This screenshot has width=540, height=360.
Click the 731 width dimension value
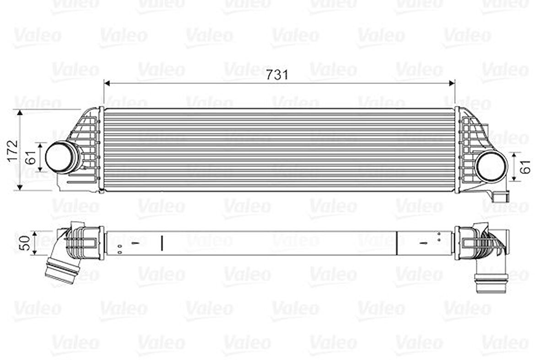click(278, 75)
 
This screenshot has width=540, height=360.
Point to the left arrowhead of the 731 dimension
click(107, 83)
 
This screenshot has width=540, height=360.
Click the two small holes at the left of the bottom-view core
click(119, 249)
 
